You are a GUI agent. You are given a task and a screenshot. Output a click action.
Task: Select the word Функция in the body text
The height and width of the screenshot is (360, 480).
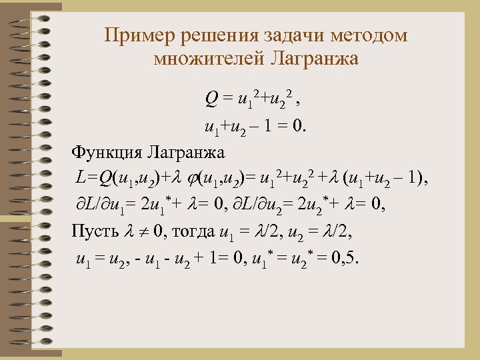(x=107, y=152)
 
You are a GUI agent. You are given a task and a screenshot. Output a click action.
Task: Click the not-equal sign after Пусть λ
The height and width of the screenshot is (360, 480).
(x=144, y=232)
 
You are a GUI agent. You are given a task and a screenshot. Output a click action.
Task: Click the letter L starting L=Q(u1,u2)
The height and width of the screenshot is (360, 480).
(x=80, y=178)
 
